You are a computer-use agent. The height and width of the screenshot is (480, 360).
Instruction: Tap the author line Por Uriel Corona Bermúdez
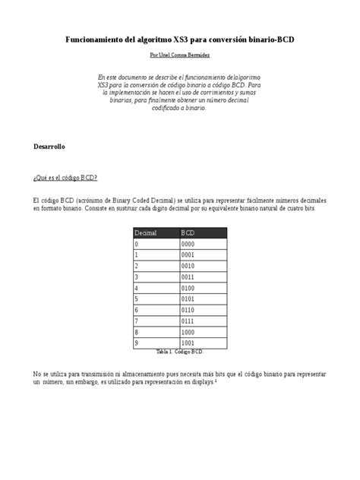pyautogui.click(x=179, y=55)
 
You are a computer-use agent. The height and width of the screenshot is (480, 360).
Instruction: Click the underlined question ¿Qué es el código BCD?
pyautogui.click(x=65, y=178)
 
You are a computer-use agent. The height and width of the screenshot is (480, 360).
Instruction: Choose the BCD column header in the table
pyautogui.click(x=189, y=232)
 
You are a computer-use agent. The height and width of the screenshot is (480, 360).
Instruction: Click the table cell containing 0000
pyautogui.click(x=189, y=245)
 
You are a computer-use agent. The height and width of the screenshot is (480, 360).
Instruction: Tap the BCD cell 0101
pyautogui.click(x=189, y=300)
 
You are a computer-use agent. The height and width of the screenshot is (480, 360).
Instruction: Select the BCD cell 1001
pyautogui.click(x=189, y=344)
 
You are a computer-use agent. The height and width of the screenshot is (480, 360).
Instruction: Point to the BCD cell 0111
pyautogui.click(x=189, y=322)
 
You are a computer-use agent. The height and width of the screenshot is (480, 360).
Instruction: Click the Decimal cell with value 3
pyautogui.click(x=137, y=278)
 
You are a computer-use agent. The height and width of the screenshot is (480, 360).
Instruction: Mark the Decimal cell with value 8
pyautogui.click(x=137, y=333)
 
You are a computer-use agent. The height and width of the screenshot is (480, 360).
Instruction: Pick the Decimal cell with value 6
pyautogui.click(x=137, y=311)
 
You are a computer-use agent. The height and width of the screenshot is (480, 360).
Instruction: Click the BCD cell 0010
pyautogui.click(x=189, y=267)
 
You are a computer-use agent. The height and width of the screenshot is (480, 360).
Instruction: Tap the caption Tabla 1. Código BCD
pyautogui.click(x=180, y=352)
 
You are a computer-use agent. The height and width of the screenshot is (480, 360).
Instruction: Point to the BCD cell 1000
pyautogui.click(x=189, y=333)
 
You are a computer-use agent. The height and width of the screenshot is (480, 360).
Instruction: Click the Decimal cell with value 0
pyautogui.click(x=137, y=245)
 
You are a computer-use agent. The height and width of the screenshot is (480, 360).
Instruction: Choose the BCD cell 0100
pyautogui.click(x=189, y=289)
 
